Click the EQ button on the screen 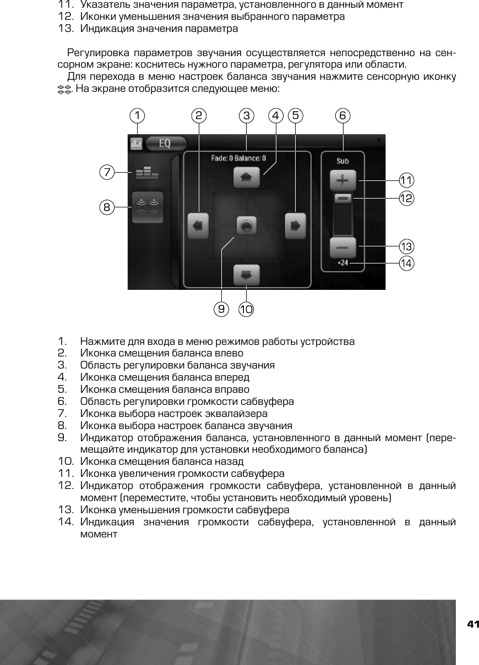[165, 144]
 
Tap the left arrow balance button [198, 226]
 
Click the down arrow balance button [246, 273]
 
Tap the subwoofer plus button [343, 180]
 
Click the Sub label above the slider [343, 161]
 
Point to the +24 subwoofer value [343, 263]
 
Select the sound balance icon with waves [148, 207]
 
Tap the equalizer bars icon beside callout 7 [146, 173]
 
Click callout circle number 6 [343, 116]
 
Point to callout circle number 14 [407, 263]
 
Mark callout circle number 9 [221, 309]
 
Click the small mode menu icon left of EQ [136, 144]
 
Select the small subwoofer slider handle [343, 198]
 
